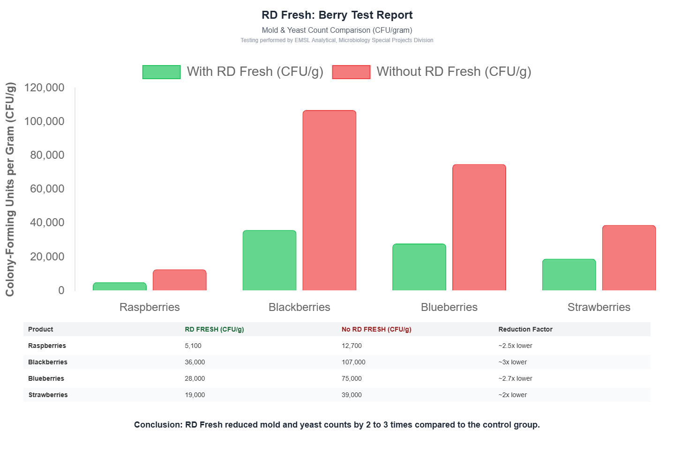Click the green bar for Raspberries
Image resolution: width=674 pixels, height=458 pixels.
point(120,287)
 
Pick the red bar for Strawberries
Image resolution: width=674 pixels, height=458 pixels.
point(629,258)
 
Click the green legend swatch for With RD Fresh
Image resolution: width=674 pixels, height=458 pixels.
point(161,72)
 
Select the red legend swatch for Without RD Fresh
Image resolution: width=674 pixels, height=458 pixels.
point(351,72)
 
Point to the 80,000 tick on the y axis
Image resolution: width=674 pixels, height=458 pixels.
point(47,155)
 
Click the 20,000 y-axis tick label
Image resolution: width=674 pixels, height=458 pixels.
point(47,257)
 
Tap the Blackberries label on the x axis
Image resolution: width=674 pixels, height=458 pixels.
point(299,307)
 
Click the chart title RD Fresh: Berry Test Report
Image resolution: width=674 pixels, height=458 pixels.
point(337,15)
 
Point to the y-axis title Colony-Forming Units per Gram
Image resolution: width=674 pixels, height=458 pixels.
point(10,189)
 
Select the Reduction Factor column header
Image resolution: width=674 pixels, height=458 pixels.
point(525,329)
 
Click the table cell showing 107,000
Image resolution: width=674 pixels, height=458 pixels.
point(353,362)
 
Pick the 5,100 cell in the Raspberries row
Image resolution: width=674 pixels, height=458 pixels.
point(193,346)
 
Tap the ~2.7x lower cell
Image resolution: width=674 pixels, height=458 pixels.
point(515,378)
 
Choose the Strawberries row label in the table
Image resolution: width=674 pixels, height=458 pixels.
point(48,395)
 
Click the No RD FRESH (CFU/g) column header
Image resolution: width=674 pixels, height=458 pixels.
point(376,329)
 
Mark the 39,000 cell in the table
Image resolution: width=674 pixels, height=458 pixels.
point(352,395)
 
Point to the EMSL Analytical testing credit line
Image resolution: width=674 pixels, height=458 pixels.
point(337,40)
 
